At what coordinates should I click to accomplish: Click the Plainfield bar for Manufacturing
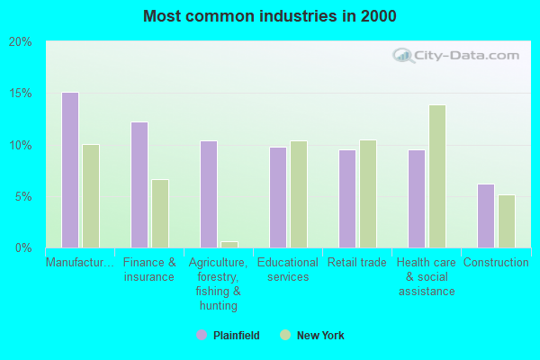pos(70,170)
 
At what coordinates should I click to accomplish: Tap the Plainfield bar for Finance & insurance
pos(139,184)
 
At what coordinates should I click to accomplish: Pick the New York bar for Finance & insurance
pos(160,213)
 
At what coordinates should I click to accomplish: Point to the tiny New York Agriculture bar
pos(229,244)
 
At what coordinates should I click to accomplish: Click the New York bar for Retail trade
pos(368,193)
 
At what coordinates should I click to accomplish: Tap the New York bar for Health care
pos(437,176)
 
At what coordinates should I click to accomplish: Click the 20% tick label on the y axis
pos(21,42)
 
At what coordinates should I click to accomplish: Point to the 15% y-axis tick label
pos(21,94)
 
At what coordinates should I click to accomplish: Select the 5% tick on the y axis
pos(23,196)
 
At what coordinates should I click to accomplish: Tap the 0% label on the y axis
pos(23,247)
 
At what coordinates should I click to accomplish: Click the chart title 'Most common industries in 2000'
pos(270,16)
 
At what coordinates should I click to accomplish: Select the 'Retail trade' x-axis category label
pos(357,263)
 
